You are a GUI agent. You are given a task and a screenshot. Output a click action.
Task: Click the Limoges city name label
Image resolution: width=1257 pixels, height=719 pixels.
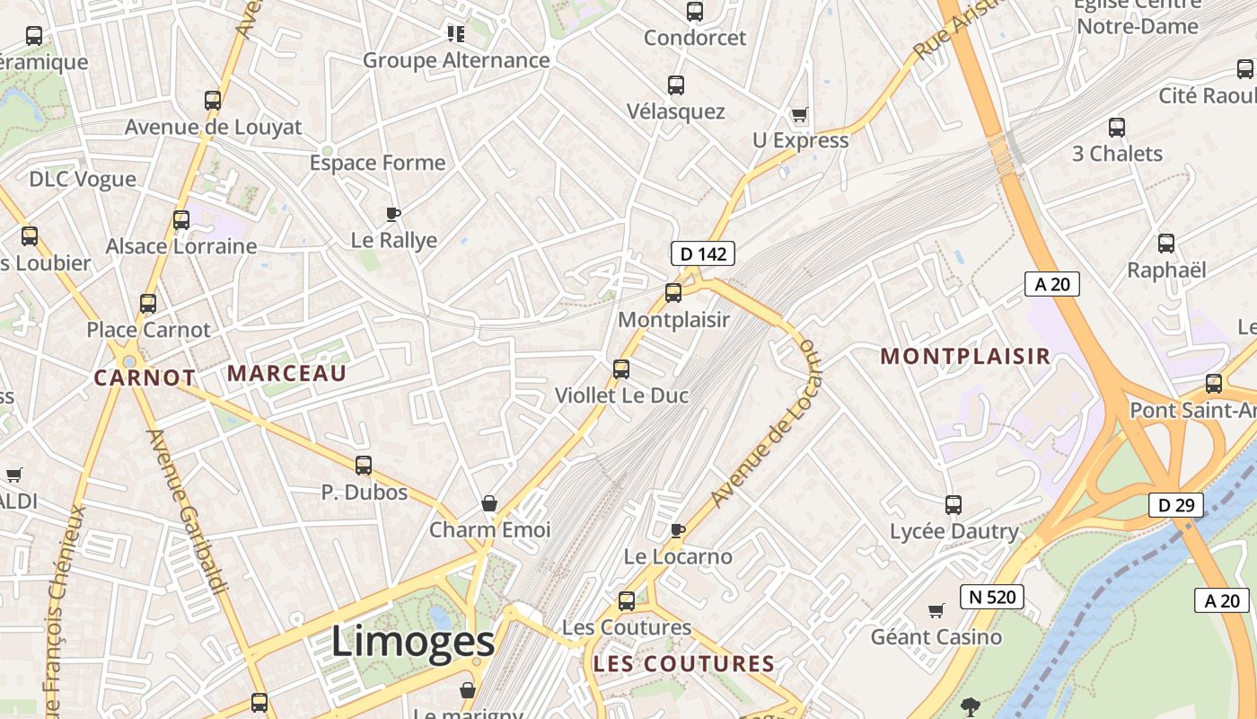pos(412,642)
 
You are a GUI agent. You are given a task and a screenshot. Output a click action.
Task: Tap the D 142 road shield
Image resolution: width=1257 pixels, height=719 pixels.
pos(703,254)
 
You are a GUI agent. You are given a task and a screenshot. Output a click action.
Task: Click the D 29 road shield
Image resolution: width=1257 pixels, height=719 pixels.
pos(1175,505)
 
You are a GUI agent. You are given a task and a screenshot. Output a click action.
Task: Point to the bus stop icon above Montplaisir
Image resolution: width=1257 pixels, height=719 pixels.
pos(673,293)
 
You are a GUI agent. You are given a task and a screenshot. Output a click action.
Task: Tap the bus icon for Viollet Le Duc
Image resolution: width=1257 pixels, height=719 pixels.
pos(620,368)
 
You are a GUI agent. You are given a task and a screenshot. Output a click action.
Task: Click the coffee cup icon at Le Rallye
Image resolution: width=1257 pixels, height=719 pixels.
pos(392,214)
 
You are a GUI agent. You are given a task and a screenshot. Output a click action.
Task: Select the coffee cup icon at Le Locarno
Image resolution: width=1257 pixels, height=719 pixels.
pos(678,530)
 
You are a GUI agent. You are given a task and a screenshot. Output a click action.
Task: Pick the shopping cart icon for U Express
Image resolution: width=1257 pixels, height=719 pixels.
pos(799,115)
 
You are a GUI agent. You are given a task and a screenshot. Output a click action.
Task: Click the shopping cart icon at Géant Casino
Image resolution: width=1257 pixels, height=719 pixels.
pos(936,611)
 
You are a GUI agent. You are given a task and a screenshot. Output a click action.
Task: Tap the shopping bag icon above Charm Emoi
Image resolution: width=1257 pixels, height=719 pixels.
pos(489,502)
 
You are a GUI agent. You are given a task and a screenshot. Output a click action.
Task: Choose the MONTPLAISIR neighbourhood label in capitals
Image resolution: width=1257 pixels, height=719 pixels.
pos(965,356)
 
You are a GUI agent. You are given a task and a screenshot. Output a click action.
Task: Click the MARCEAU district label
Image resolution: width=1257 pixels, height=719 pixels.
pos(286,374)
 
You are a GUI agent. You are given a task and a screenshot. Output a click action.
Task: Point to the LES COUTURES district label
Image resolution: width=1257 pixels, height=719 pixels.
pos(683,664)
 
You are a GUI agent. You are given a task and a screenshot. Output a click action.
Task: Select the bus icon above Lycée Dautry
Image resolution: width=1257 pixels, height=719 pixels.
pos(954,505)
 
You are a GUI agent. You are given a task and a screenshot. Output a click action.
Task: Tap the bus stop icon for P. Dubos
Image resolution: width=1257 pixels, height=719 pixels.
pos(364,466)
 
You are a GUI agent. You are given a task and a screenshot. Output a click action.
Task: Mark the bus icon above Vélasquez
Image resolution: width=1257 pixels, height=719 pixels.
pos(676,85)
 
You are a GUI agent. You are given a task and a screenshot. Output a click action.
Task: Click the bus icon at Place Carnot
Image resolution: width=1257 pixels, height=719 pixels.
pos(148,304)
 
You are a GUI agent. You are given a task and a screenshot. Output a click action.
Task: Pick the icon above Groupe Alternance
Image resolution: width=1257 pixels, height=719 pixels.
pos(456,34)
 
